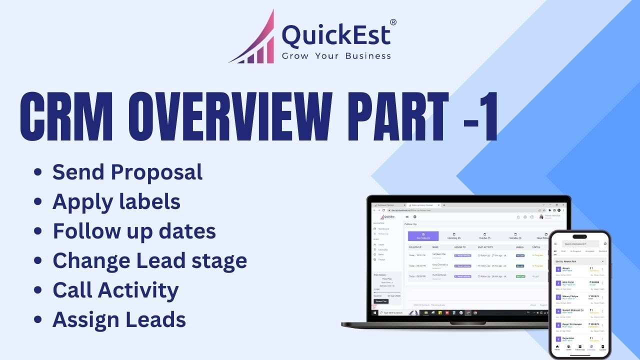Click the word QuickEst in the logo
(335, 36)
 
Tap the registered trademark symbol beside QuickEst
(393, 22)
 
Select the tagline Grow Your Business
(336, 56)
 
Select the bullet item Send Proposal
(127, 172)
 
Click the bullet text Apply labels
(116, 201)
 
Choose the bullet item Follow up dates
(134, 231)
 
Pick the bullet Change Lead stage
(149, 260)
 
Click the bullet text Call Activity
(115, 290)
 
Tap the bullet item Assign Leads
(119, 319)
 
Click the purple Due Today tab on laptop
(423, 236)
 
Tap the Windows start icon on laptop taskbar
(374, 312)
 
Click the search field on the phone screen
(580, 243)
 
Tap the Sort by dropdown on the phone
(579, 261)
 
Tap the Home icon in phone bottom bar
(557, 347)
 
